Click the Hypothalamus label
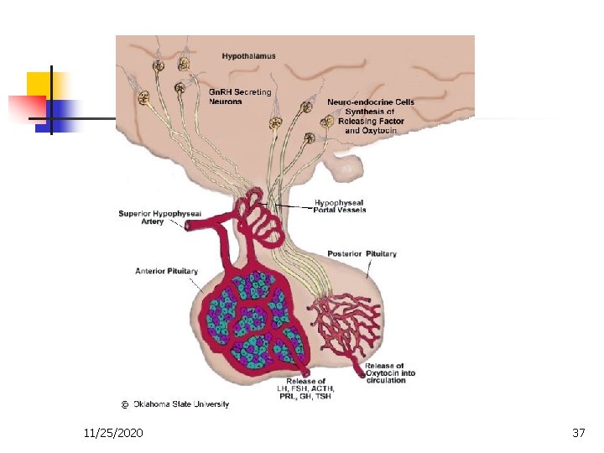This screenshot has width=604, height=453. click(248, 56)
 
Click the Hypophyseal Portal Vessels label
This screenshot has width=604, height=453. click(343, 206)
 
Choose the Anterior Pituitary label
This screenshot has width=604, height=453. click(166, 271)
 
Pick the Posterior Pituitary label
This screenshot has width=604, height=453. click(362, 253)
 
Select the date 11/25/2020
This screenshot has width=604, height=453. click(113, 433)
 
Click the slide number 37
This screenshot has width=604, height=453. click(578, 433)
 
